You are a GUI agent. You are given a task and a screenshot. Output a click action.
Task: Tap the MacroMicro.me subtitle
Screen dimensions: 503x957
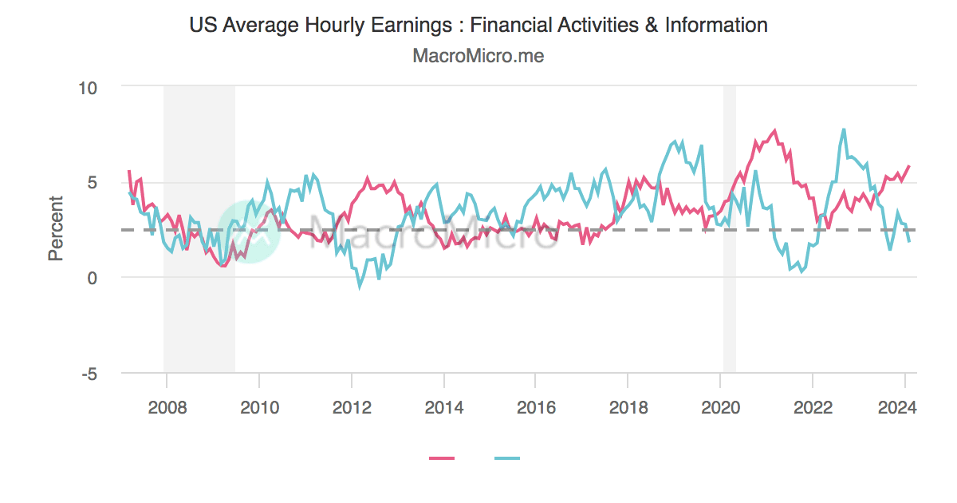[x=478, y=56]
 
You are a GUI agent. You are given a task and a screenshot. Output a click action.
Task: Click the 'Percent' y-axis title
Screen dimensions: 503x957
[x=55, y=228]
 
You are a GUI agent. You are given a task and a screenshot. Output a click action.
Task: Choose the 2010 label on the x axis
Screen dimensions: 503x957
[x=259, y=407]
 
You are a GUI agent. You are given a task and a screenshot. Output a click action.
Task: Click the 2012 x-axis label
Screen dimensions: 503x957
[x=352, y=407]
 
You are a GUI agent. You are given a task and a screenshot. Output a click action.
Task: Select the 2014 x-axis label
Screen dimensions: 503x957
[x=443, y=407]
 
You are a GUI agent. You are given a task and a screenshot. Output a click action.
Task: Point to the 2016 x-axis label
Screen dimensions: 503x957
[x=536, y=407]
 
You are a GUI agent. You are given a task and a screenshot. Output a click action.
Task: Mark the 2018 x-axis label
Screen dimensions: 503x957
[x=628, y=407]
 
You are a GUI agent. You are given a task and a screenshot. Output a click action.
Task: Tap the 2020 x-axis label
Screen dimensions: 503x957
[x=720, y=407]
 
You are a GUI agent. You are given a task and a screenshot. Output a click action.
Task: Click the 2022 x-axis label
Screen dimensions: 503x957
[x=812, y=407]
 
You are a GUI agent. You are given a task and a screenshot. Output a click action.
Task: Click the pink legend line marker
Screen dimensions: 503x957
[x=442, y=458]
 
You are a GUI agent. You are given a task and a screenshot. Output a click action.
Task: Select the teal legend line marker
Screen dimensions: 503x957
[x=507, y=458]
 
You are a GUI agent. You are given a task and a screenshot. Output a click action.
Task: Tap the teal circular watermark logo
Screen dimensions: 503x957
[x=249, y=230]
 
